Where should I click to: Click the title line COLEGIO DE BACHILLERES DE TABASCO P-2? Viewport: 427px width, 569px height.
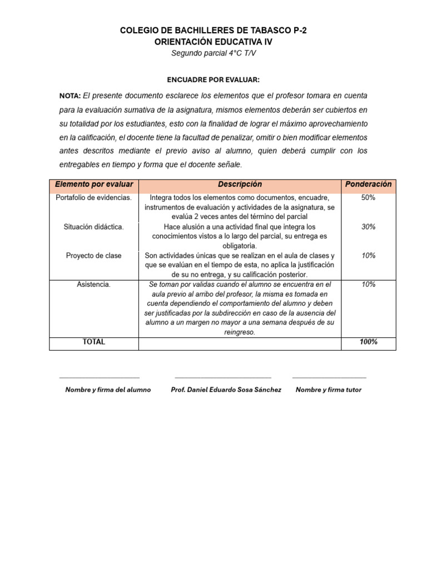(x=213, y=31)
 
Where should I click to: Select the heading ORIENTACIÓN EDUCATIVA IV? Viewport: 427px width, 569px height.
(x=213, y=42)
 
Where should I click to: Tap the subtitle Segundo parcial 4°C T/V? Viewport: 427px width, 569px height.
(x=213, y=53)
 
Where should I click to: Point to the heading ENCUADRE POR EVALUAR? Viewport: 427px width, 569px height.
(x=213, y=79)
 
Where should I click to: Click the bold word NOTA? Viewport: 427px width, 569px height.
(x=70, y=96)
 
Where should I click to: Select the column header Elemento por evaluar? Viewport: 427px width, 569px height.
(x=94, y=184)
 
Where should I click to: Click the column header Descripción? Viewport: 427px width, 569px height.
(x=240, y=184)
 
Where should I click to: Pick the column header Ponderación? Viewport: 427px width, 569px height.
(x=368, y=184)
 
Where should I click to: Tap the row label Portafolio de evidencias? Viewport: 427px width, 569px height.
(x=94, y=198)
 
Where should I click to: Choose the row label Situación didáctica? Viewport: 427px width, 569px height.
(x=94, y=227)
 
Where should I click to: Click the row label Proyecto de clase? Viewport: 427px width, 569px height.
(x=94, y=256)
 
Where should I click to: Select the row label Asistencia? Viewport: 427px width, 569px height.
(x=94, y=284)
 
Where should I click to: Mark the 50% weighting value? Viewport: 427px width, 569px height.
(x=368, y=198)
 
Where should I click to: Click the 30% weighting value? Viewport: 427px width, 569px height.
(x=368, y=227)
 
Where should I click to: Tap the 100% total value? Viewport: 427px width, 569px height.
(x=368, y=342)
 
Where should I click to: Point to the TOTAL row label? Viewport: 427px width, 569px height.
(x=94, y=342)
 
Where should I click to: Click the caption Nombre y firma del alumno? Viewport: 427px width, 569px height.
(x=108, y=390)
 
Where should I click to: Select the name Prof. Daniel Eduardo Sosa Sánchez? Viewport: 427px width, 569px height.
(x=226, y=390)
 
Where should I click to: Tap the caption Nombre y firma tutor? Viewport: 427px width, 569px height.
(x=329, y=390)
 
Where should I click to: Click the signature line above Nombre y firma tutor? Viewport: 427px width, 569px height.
(x=329, y=378)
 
